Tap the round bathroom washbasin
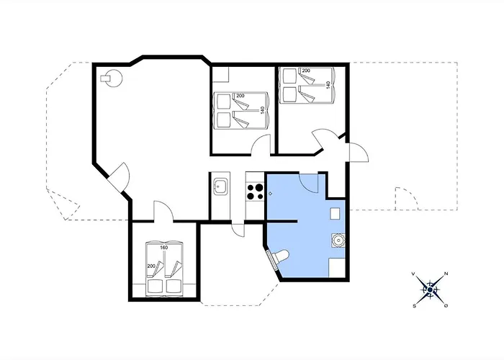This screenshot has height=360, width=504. coord(338,240)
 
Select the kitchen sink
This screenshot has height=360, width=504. coord(220,186)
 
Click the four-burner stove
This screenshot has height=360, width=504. coord(255,192)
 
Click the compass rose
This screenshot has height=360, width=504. coord(430,290)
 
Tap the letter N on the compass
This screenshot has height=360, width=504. coord(446,274)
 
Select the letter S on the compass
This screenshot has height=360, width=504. coord(414,306)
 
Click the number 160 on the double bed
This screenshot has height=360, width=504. coord(164,248)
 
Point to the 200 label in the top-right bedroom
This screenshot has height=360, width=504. coord(306,71)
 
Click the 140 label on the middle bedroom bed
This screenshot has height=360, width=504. coord(262,110)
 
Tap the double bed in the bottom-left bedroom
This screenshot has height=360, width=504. coord(164,268)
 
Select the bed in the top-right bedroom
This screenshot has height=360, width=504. coord(307,85)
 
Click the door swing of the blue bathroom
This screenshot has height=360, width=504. coord(309,183)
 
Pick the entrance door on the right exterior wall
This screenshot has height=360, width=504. coord(359,152)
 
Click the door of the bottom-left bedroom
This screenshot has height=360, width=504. coord(163,211)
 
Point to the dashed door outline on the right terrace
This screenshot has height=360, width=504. coord(406,198)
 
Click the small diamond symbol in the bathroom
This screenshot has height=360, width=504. coord(270,194)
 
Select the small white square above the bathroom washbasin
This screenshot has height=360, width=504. coord(335,213)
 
